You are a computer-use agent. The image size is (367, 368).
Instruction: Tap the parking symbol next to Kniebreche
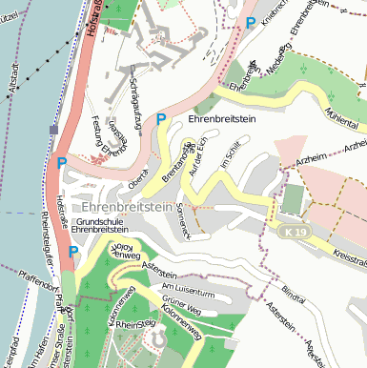point(251,22)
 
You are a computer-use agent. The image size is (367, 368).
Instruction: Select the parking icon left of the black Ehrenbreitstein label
point(161,120)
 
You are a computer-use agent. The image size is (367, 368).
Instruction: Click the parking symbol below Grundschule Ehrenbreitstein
point(73,253)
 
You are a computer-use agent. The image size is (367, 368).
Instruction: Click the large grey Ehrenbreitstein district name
point(126,207)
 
